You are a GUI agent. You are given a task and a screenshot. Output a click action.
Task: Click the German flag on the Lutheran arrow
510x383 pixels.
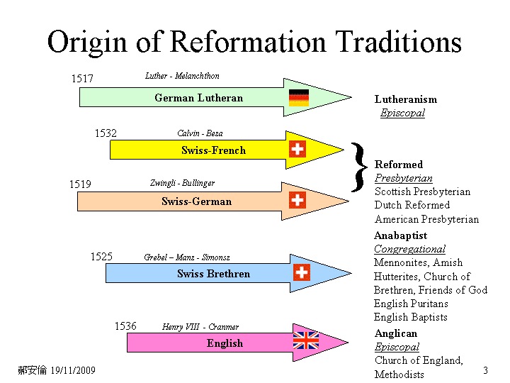click(x=299, y=98)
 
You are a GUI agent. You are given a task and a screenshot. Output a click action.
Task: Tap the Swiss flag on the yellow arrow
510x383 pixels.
click(x=297, y=149)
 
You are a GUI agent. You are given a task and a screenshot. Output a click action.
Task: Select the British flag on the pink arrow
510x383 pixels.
click(x=306, y=340)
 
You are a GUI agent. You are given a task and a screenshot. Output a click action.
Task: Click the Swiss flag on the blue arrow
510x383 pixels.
click(x=302, y=272)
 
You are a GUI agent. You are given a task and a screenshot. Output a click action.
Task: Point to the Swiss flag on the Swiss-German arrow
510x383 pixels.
click(x=297, y=199)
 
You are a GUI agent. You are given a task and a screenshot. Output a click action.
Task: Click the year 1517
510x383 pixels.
click(x=82, y=79)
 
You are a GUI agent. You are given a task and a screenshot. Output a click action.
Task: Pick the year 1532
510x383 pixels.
click(x=106, y=133)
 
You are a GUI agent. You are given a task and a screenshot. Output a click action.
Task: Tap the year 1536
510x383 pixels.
click(x=125, y=326)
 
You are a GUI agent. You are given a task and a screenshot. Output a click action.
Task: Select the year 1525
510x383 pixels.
click(x=101, y=257)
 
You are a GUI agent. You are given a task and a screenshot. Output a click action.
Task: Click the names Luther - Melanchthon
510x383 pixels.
click(x=182, y=76)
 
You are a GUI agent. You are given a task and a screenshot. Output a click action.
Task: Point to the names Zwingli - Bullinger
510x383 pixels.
click(x=182, y=183)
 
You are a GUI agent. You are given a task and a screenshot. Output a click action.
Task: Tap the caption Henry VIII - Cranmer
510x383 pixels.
click(x=200, y=327)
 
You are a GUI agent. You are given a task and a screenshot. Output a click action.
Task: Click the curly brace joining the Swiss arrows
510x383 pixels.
click(x=359, y=167)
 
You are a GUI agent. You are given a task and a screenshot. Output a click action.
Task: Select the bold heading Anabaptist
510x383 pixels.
click(x=401, y=235)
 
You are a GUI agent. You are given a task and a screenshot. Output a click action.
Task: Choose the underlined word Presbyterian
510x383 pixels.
click(x=403, y=178)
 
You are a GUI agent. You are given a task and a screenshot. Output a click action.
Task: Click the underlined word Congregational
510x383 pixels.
click(x=409, y=249)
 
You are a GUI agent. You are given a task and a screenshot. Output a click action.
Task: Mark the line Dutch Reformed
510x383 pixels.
click(x=412, y=205)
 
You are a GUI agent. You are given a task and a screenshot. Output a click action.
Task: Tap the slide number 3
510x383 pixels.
click(x=485, y=370)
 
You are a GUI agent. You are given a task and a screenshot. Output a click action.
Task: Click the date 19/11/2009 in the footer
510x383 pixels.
click(x=73, y=371)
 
